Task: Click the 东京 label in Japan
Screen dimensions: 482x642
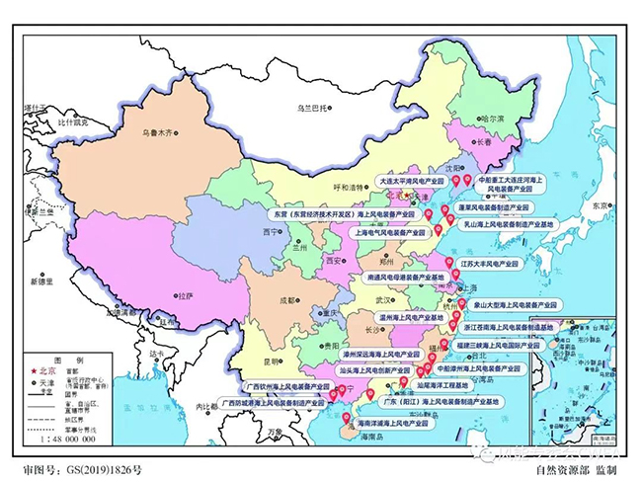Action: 599,207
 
